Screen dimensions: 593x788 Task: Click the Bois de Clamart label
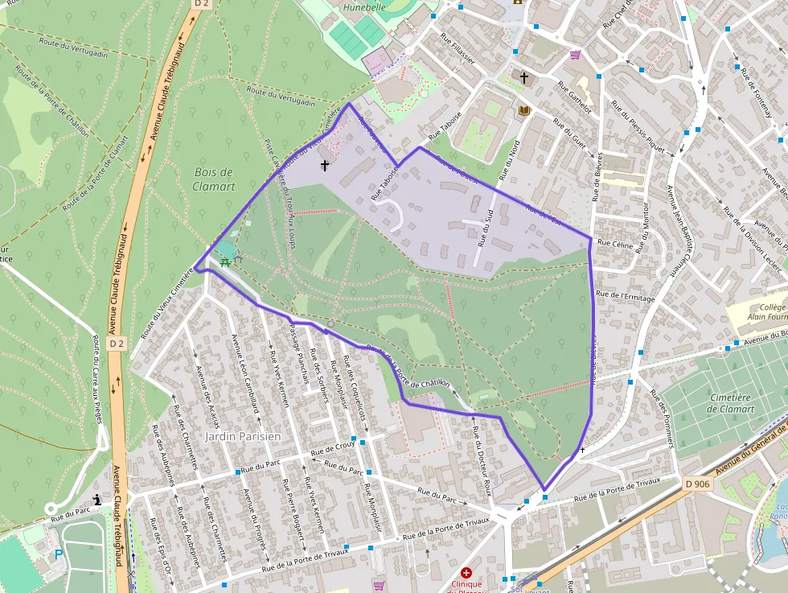pos(214,179)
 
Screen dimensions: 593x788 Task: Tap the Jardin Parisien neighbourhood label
pos(243,436)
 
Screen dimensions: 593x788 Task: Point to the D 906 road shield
pos(699,484)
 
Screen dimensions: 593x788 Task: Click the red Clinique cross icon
pos(466,572)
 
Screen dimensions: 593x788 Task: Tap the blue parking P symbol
pos(58,554)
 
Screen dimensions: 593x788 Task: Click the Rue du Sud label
pos(485,226)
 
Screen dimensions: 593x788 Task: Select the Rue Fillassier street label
pos(458,47)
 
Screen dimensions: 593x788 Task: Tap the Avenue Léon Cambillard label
pos(245,374)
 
